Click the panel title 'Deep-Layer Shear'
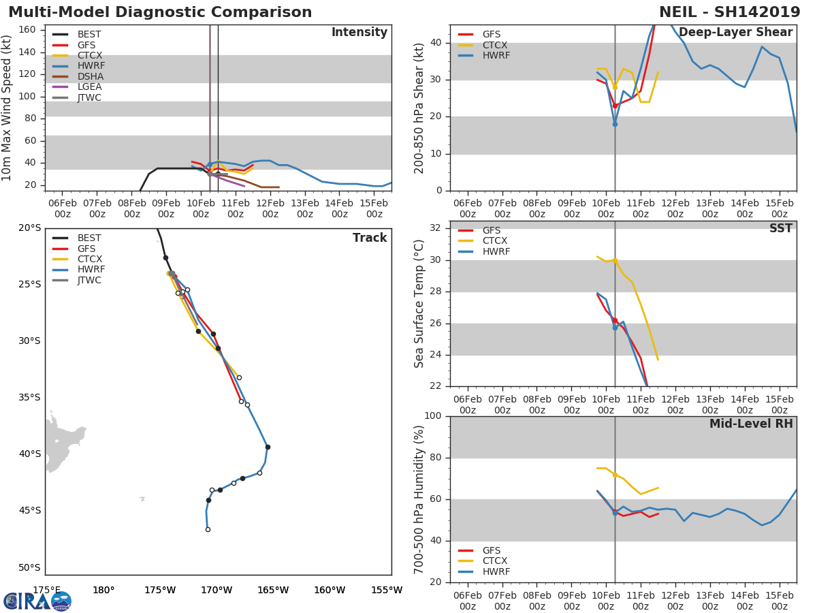click(x=735, y=33)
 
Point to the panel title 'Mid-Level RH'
click(x=751, y=424)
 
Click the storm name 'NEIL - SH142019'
click(x=730, y=12)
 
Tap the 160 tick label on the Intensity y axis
click(x=27, y=29)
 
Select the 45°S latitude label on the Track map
click(x=29, y=510)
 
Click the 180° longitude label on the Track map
click(x=103, y=590)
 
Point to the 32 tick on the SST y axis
click(x=435, y=227)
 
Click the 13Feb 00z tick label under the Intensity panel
click(x=305, y=208)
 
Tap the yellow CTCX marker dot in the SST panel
click(x=615, y=261)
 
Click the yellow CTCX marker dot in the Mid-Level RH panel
click(x=615, y=475)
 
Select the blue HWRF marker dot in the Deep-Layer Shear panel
click(x=615, y=125)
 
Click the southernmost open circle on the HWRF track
click(x=208, y=530)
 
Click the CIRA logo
click(x=37, y=601)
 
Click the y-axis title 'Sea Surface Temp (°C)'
click(x=419, y=304)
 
